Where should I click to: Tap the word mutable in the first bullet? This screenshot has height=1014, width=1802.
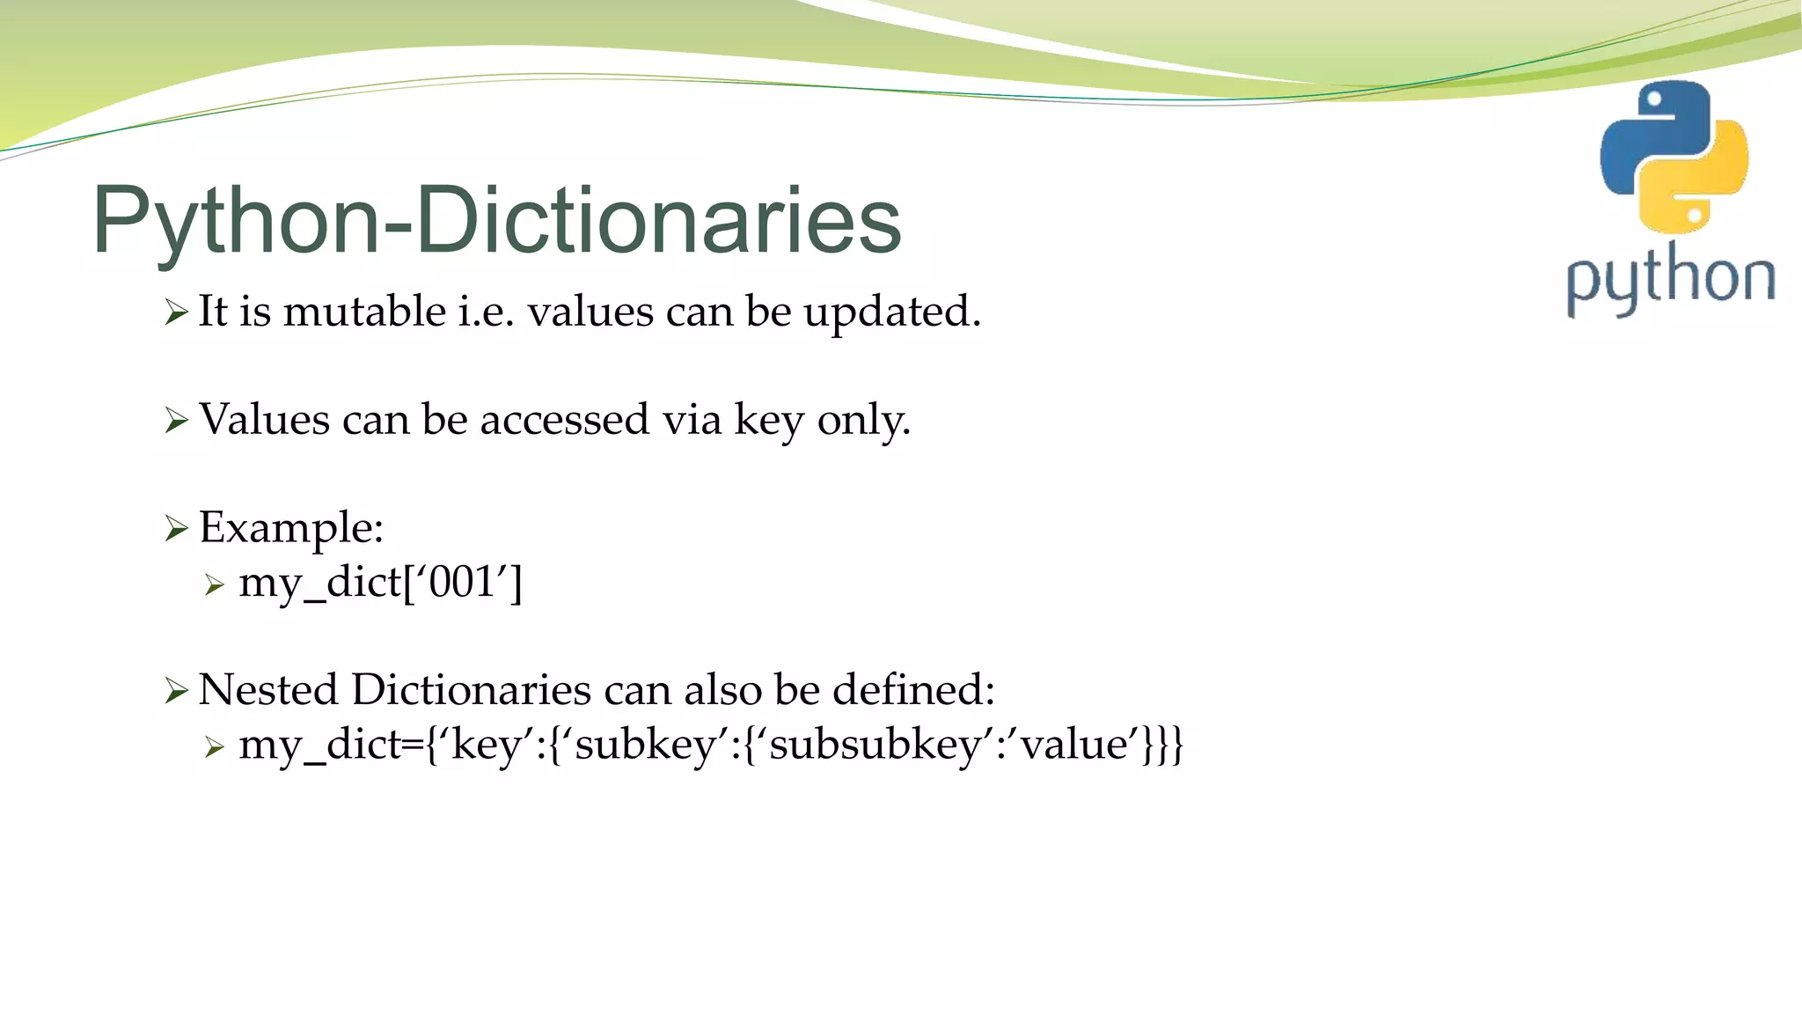(364, 312)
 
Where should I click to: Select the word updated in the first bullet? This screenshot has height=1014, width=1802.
(890, 312)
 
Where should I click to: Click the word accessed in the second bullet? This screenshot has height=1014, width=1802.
(564, 420)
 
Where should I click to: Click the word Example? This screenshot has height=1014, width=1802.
(291, 528)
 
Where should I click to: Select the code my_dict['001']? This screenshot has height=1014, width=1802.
(380, 583)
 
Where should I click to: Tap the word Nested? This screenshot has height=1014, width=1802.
(268, 689)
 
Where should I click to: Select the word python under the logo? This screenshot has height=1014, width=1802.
(1670, 280)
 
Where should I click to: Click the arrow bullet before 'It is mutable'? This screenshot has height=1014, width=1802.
(176, 312)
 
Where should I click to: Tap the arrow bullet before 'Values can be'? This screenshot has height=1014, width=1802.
(176, 421)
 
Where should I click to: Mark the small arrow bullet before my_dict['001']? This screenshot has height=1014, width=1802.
(215, 584)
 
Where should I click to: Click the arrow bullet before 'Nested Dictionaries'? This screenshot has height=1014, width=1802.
(176, 691)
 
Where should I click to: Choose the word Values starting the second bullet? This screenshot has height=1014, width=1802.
(264, 420)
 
